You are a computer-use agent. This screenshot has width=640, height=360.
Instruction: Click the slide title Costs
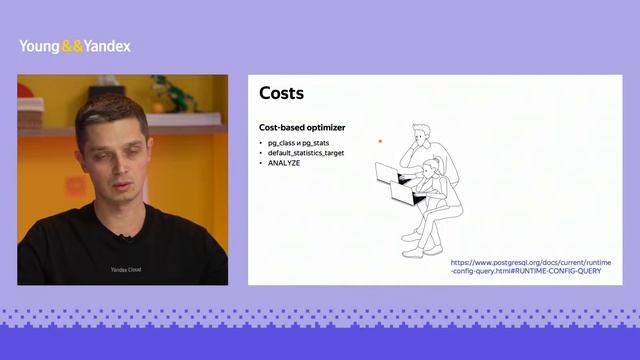pos(281,94)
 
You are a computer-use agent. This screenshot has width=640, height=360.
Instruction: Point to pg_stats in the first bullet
pos(314,143)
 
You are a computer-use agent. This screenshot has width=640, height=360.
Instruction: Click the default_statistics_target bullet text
pos(305,153)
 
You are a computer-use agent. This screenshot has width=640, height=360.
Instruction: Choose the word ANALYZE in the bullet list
pos(284,163)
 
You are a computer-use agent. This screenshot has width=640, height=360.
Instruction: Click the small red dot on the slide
pos(380,142)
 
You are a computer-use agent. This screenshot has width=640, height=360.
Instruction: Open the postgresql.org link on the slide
pos(530,266)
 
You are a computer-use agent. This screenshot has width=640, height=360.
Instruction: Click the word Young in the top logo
pos(39,46)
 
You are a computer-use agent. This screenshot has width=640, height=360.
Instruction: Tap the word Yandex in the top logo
pos(107,46)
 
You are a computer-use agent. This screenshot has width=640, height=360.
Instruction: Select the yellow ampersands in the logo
pos(72,46)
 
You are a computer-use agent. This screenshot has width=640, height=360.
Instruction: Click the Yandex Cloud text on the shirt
pos(126,269)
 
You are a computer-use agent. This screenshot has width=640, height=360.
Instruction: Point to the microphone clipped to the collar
pos(123,237)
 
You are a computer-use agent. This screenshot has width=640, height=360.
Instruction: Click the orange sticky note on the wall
pos(76,185)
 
